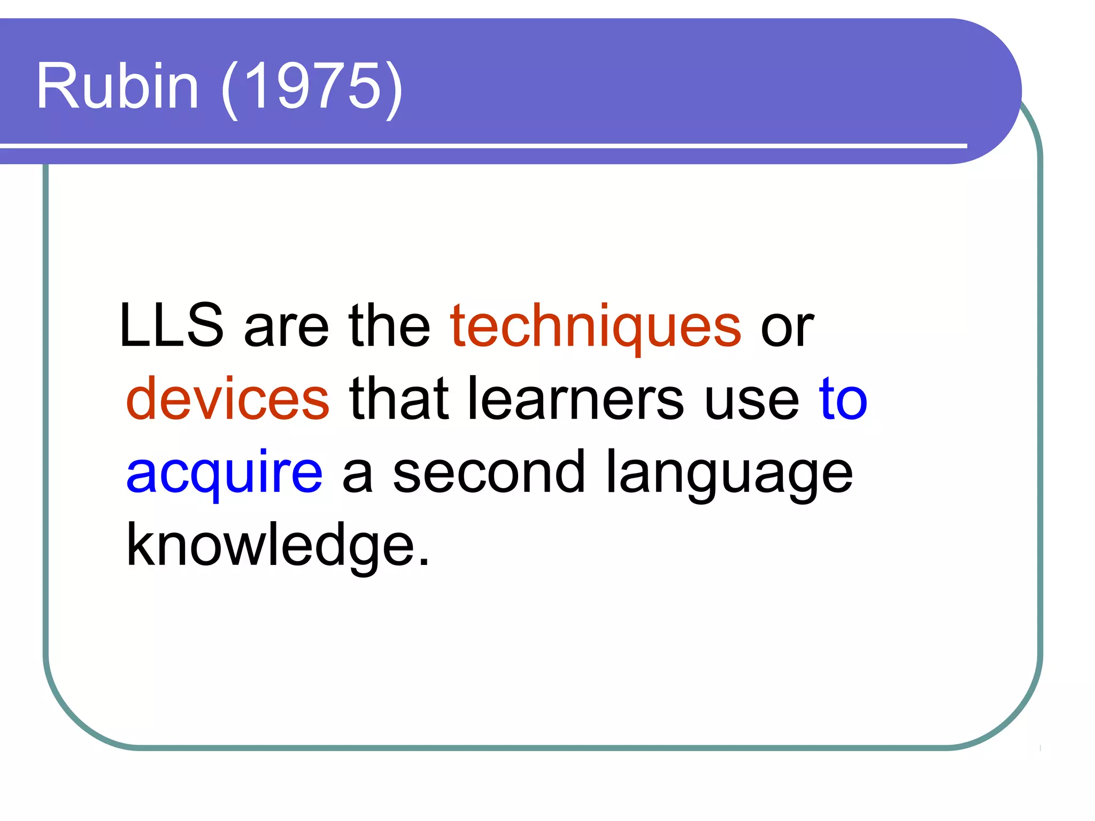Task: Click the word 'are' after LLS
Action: pyautogui.click(x=286, y=327)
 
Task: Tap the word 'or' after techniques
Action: pyautogui.click(x=787, y=327)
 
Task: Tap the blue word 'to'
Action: pyautogui.click(x=843, y=399)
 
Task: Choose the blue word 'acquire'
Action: pyautogui.click(x=225, y=473)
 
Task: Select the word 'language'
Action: pyautogui.click(x=729, y=473)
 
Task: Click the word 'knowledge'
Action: pyautogui.click(x=270, y=545)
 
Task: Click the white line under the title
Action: pyautogui.click(x=481, y=145)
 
